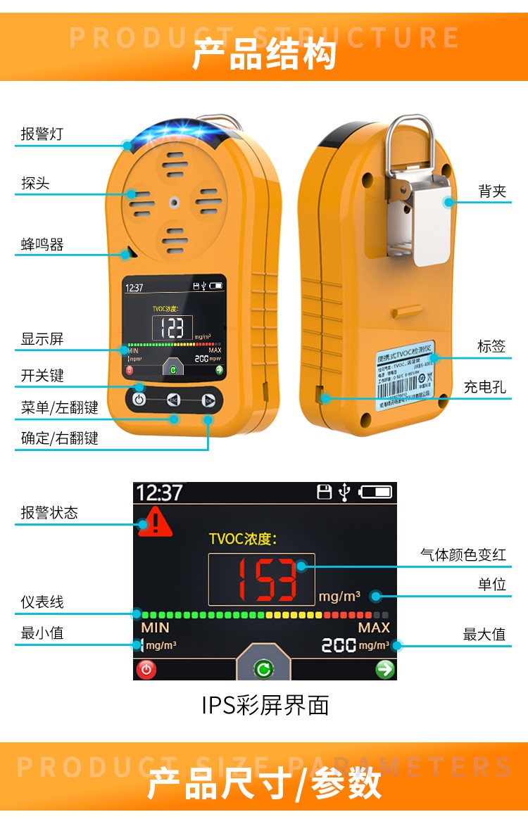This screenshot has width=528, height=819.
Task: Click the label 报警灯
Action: pos(42,134)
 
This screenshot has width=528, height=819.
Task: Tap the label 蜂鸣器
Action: pos(42,245)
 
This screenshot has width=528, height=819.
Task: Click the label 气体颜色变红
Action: pos(463,554)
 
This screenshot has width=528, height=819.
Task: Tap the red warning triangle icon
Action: pos(155,523)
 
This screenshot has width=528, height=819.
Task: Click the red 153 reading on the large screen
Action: pos(261,579)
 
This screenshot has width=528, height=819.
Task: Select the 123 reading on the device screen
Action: pos(172,328)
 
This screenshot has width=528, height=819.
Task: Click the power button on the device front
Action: pos(139,400)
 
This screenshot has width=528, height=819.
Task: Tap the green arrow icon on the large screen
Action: pos(385,669)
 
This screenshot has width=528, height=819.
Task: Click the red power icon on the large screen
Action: pos(146,669)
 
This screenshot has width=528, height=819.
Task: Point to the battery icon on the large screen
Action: pos(375,493)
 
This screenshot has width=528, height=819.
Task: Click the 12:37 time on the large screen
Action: pos(159,493)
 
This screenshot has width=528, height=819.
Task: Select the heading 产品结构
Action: pos(264,55)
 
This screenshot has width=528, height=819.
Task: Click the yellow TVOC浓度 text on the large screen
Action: pos(243,539)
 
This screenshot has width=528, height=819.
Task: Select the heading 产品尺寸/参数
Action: pos(264,783)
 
